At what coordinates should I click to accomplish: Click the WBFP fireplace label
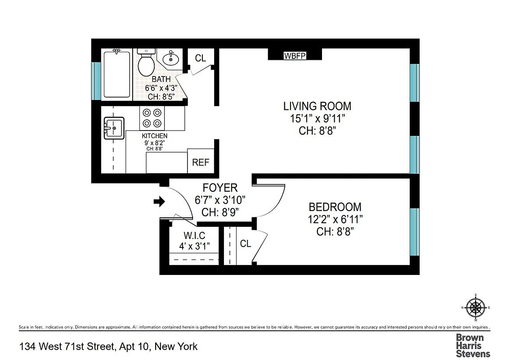(295, 56)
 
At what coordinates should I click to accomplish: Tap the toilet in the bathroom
(146, 63)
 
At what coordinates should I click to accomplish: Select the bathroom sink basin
(170, 58)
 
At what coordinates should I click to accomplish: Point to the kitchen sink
(114, 128)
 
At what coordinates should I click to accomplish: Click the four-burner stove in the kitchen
(152, 118)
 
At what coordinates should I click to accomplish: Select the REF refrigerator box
(201, 162)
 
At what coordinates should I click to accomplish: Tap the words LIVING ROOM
(317, 107)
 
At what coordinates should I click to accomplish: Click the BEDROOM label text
(335, 207)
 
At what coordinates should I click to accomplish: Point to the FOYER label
(220, 188)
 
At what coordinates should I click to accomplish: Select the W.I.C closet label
(194, 235)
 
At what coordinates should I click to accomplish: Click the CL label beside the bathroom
(201, 58)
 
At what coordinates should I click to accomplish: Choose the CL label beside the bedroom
(245, 243)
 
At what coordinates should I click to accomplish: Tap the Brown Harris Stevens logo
(473, 345)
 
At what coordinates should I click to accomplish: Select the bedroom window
(414, 237)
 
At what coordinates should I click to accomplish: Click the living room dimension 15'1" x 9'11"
(317, 119)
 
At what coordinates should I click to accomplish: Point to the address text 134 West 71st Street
(67, 346)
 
